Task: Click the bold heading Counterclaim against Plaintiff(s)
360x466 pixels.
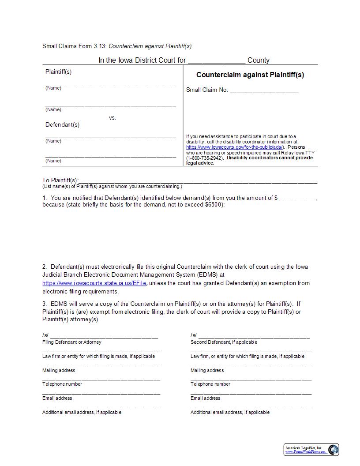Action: [x=250, y=75]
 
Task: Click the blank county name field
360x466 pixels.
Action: [x=216, y=61]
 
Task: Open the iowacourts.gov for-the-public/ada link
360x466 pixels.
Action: [x=235, y=147]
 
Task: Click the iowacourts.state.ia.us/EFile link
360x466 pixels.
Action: [x=94, y=283]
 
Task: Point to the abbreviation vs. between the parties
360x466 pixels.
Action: [x=112, y=118]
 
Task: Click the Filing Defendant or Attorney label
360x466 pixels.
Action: [x=71, y=342]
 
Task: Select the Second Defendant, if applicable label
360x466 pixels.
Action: [x=224, y=342]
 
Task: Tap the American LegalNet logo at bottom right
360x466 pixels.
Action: [x=311, y=449]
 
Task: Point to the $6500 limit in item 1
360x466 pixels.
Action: [x=214, y=205]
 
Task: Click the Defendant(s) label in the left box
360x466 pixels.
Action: [x=62, y=125]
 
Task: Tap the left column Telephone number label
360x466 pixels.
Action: [x=62, y=384]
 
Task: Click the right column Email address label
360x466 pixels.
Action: [x=205, y=398]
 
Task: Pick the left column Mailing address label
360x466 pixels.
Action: [x=59, y=370]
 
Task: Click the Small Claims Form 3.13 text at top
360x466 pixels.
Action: [x=74, y=46]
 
